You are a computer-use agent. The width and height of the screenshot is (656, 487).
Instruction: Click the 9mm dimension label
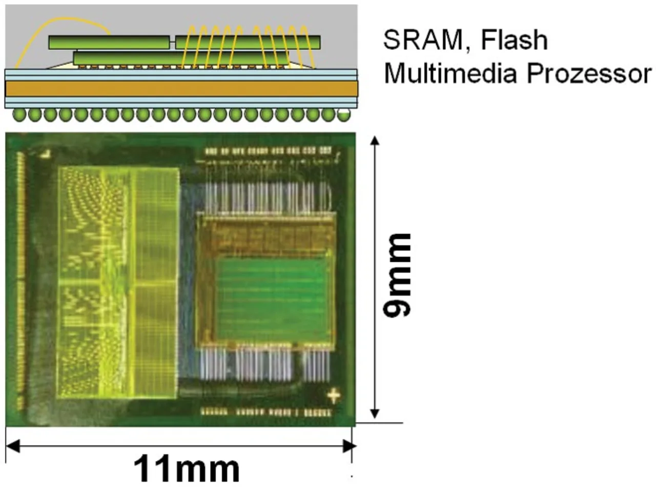tap(397, 275)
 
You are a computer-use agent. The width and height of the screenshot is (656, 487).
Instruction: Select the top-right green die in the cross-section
tap(248, 42)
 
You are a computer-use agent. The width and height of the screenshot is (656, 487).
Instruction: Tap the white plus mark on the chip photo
tap(334, 396)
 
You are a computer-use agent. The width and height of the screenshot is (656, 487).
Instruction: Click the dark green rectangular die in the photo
tap(272, 300)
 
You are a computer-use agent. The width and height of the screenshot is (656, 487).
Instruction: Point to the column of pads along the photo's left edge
tap(20, 277)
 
